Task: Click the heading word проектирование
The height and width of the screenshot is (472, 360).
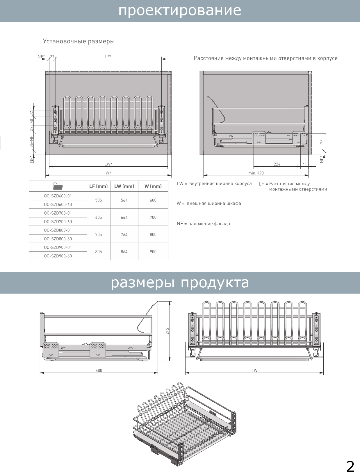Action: tap(180, 10)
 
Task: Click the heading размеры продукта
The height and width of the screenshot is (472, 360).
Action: tap(180, 283)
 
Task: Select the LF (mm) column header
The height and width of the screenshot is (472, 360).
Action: tap(99, 186)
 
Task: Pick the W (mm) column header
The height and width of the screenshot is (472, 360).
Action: tap(153, 186)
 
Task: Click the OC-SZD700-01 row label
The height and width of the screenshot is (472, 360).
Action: tap(58, 213)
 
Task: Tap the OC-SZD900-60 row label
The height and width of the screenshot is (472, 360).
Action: tap(58, 256)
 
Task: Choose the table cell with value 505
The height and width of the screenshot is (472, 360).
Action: tap(99, 200)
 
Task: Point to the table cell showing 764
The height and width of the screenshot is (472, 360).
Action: tap(124, 234)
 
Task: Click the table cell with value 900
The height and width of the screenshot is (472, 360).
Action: tap(153, 252)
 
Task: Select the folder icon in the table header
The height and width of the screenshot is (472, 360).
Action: tap(58, 186)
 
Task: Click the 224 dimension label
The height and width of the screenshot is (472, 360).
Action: tap(277, 164)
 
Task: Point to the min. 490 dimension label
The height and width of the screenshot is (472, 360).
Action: tap(256, 173)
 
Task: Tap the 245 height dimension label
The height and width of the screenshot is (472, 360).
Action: tap(167, 331)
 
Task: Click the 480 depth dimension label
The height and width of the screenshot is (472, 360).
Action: tap(99, 371)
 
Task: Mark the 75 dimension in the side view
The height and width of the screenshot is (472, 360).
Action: tap(322, 142)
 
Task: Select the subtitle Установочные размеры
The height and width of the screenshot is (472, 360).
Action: tap(79, 41)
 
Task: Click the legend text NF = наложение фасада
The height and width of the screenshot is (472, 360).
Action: tap(203, 224)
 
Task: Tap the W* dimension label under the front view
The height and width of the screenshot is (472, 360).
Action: tap(108, 173)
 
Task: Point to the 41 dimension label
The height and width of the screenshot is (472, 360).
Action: tap(304, 164)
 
